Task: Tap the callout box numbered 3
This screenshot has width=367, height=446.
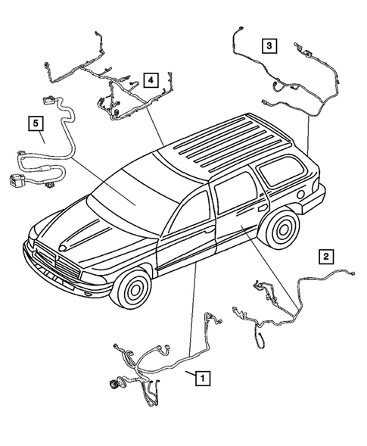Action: pyautogui.click(x=270, y=45)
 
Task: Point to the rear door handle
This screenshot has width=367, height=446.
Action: pyautogui.click(x=262, y=205)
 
